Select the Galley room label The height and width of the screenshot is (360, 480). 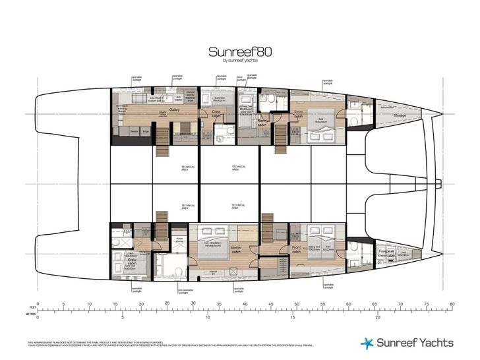175,110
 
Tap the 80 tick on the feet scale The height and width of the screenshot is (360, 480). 452,305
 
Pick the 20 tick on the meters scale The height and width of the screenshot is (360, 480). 377,317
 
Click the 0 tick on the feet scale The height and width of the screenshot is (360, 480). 38,305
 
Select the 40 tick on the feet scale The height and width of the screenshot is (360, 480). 245,305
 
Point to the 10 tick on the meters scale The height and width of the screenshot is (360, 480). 208,317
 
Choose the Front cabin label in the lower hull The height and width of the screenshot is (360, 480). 297,249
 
